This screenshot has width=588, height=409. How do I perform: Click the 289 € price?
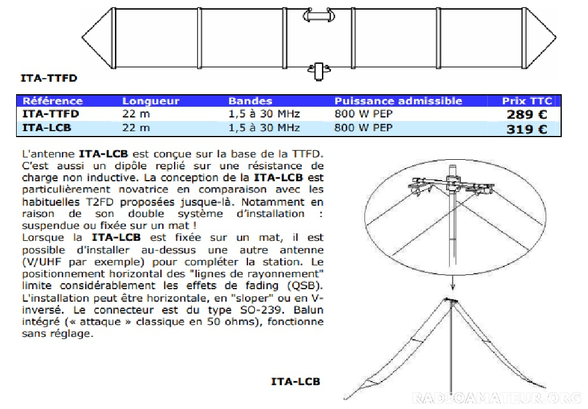(x=527, y=114)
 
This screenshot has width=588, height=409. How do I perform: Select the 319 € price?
(x=527, y=129)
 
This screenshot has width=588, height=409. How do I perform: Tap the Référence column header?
(x=52, y=101)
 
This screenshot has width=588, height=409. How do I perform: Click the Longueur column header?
(x=151, y=101)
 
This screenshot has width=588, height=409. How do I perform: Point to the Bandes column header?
(x=250, y=101)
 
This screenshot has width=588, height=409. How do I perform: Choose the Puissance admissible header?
(x=398, y=101)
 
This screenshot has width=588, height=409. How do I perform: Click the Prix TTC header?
(x=527, y=101)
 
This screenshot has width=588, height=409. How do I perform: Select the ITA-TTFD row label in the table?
(x=51, y=114)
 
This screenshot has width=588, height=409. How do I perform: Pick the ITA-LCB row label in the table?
(x=47, y=128)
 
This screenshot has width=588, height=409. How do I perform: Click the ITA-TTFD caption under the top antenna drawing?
(x=49, y=78)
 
